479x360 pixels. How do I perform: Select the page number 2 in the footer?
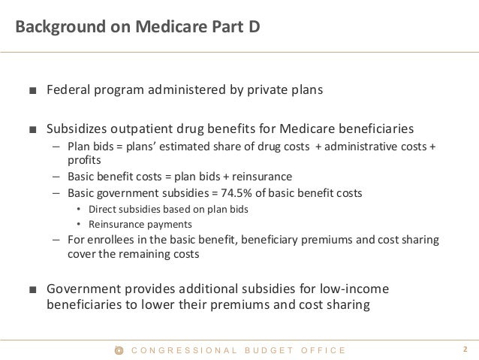pyautogui.click(x=465, y=349)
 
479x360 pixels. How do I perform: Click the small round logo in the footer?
pyautogui.click(x=118, y=350)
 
